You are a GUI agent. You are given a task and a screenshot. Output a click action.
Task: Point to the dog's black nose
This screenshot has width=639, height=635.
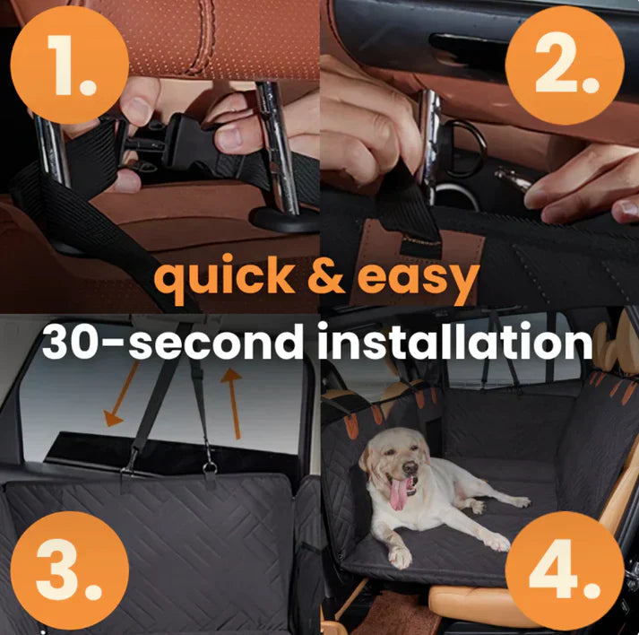click(410, 468)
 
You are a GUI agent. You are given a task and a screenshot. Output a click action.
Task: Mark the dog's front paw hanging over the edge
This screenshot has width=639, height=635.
click(400, 557)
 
